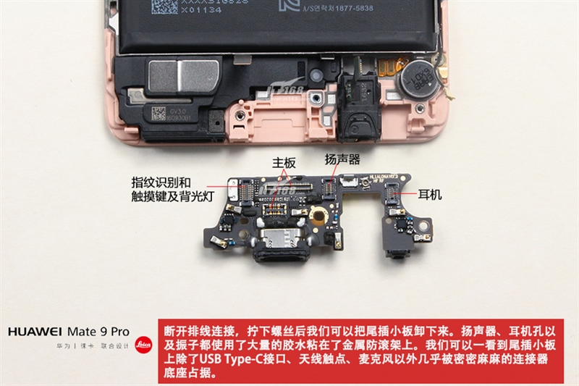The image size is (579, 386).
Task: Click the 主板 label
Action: coord(284,164)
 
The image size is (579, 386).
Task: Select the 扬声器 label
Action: coord(342,159)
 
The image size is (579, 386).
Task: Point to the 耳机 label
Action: coord(430,196)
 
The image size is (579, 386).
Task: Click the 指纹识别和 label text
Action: coord(161,182)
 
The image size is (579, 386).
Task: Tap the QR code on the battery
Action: coord(164,6)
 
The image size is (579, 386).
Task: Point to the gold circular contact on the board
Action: coord(317,216)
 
